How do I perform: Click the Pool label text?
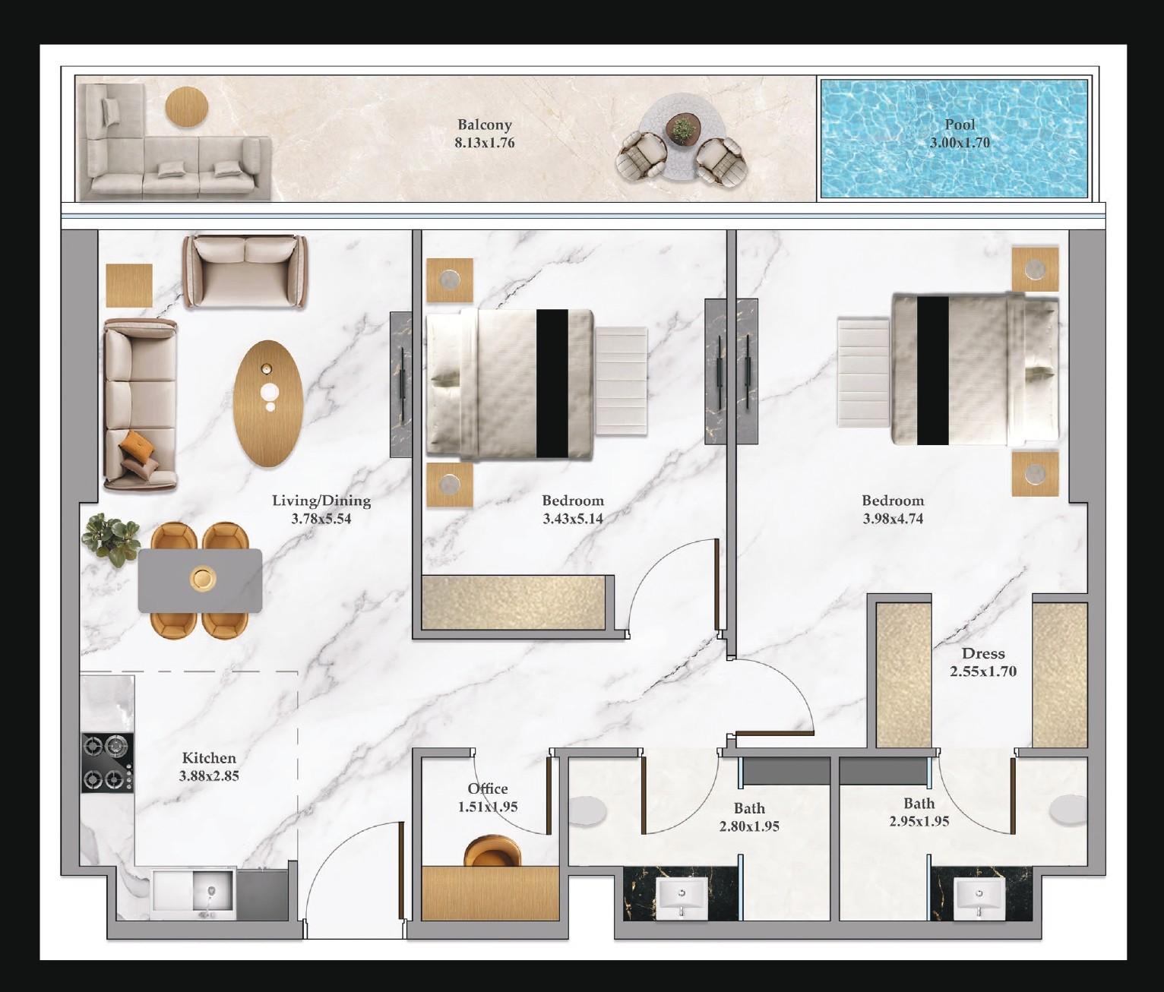tap(960, 125)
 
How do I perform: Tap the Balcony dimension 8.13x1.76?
tap(484, 143)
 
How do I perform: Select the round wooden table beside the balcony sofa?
tap(186, 108)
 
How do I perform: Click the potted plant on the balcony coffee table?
tap(684, 129)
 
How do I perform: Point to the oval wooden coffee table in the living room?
tap(268, 403)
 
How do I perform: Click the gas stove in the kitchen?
tap(107, 763)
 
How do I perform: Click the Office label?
tap(488, 788)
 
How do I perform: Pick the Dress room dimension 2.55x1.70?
tap(983, 671)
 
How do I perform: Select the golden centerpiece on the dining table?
tap(203, 578)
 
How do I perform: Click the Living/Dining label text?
tap(321, 501)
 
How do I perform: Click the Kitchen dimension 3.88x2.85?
tap(209, 776)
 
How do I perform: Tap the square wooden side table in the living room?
tap(129, 286)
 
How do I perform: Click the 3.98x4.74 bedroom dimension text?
tap(893, 519)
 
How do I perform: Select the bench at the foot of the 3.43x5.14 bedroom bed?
tap(621, 382)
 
